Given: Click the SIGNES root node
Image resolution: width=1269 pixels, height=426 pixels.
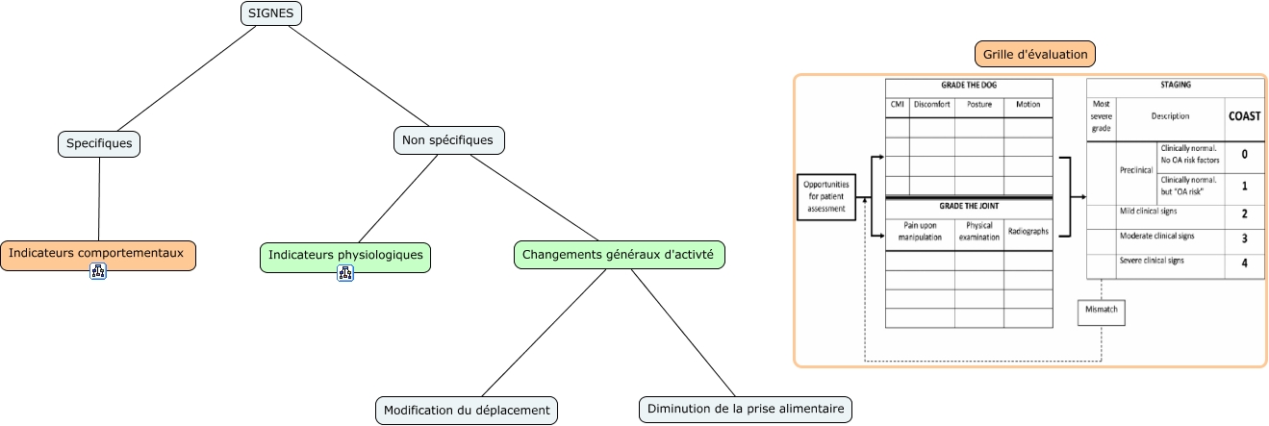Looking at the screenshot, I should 271,13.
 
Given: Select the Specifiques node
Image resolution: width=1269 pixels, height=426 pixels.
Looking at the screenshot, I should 99,144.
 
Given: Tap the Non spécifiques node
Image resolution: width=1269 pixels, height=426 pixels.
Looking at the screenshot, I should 448,140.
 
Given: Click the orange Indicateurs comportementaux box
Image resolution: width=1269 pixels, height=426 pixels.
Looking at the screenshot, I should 97,255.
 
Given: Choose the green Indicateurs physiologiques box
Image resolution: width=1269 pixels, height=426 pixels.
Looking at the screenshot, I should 345,257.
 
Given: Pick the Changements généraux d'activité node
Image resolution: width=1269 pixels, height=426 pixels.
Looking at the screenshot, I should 620,255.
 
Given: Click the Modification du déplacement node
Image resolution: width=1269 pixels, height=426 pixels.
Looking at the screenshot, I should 467,411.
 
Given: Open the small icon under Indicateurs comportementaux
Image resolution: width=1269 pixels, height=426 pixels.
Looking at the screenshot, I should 97,272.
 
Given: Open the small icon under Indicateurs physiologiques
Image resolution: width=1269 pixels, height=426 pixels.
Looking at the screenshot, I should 345,273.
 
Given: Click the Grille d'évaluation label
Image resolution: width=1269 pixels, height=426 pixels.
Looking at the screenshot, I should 1035,54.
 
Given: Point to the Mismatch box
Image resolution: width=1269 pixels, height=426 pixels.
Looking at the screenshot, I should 1101,313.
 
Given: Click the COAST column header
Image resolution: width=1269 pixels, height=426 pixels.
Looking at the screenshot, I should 1244,115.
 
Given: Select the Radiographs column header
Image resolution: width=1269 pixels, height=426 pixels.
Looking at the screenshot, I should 1028,231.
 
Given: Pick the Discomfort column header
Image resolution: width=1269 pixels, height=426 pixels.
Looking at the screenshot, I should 931,105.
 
